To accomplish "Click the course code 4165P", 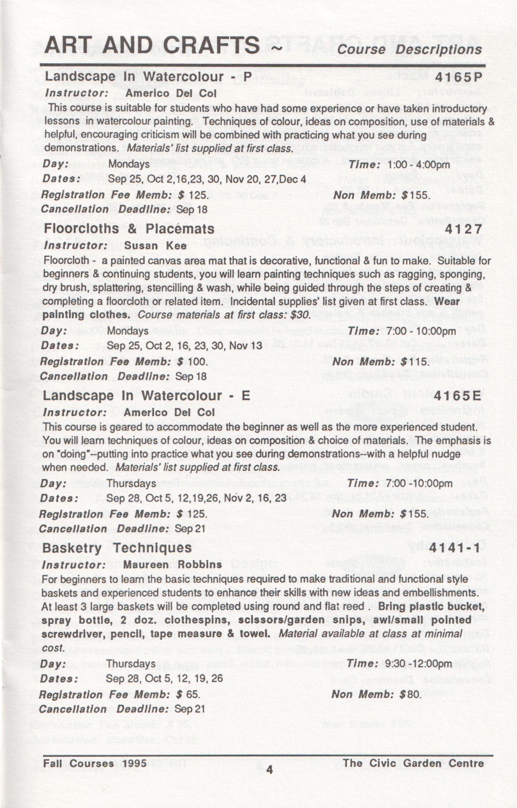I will coord(458,78).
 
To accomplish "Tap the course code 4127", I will coord(464,230).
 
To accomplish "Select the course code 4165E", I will coord(457,396).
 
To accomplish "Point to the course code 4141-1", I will coord(455,548).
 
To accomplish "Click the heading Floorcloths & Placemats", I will coord(129,229).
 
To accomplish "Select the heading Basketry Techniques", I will coord(117,548).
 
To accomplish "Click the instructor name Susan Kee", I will coord(155,246).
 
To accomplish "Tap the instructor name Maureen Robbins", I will coord(172,564).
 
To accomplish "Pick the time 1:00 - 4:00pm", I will coord(418,165).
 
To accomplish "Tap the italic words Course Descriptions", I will coord(410,49).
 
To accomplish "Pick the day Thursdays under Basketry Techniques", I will coord(131,664).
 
